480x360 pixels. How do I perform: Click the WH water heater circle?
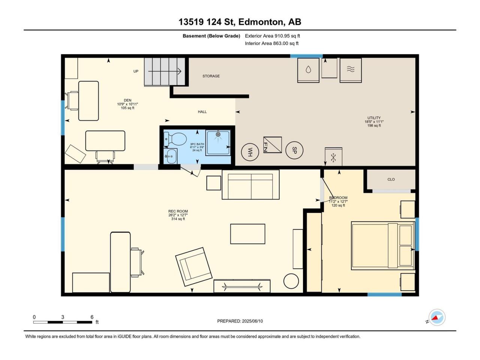click(x=250, y=152)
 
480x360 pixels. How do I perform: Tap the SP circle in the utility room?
click(x=294, y=150)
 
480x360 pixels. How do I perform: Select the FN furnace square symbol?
click(x=273, y=145)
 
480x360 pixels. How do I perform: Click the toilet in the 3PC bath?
click(x=175, y=139)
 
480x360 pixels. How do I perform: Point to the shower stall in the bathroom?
click(x=218, y=143)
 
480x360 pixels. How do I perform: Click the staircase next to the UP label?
click(x=165, y=72)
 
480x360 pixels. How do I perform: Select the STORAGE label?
click(x=211, y=76)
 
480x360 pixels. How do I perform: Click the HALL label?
click(x=202, y=112)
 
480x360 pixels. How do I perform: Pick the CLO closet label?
click(x=391, y=180)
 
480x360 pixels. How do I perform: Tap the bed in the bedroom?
click(x=383, y=246)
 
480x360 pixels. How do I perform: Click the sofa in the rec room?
click(x=250, y=185)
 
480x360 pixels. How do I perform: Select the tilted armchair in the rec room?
click(x=194, y=267)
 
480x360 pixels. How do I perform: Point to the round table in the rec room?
click(x=291, y=281)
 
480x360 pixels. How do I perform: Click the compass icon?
click(x=437, y=318)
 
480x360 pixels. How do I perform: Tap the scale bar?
click(x=63, y=322)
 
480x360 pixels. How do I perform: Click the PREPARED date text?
click(x=240, y=321)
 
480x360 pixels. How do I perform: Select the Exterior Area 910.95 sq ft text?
click(x=273, y=36)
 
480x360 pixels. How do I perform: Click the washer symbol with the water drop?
click(x=308, y=70)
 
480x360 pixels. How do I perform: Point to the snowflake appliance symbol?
click(x=333, y=157)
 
